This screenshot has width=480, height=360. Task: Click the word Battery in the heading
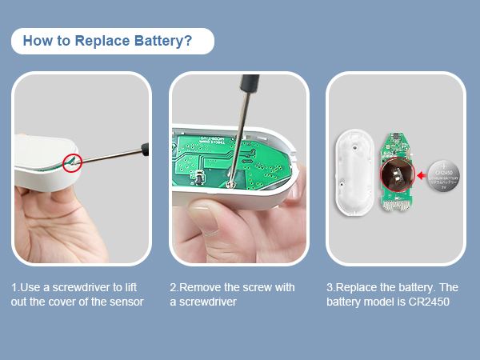point(159,41)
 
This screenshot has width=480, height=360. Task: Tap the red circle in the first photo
point(72,162)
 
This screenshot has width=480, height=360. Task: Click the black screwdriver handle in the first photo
point(145,147)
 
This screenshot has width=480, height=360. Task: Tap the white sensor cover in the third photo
point(351,171)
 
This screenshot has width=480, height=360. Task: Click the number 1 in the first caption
point(14,287)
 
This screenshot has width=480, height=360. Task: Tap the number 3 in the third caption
point(330,287)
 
